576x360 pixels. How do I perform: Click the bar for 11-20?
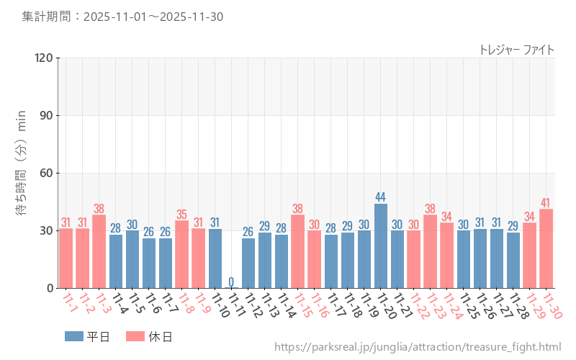(x=381, y=246)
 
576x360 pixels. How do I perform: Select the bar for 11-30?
(x=546, y=249)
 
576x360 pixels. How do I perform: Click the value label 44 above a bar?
(x=381, y=197)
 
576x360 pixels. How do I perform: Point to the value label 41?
(x=546, y=203)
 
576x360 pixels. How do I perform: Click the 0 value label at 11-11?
(x=231, y=282)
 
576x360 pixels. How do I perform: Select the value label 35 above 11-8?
(x=181, y=215)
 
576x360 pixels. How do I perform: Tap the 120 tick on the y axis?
(x=44, y=58)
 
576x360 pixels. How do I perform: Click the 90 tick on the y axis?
(x=47, y=115)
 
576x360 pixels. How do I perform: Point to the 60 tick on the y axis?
(x=47, y=173)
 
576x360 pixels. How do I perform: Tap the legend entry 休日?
(x=148, y=336)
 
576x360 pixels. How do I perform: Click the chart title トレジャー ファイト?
(x=516, y=50)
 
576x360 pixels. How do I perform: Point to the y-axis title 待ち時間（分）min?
(x=22, y=173)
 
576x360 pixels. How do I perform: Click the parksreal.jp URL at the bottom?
(x=418, y=348)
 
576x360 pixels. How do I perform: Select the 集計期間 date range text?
(x=122, y=16)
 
